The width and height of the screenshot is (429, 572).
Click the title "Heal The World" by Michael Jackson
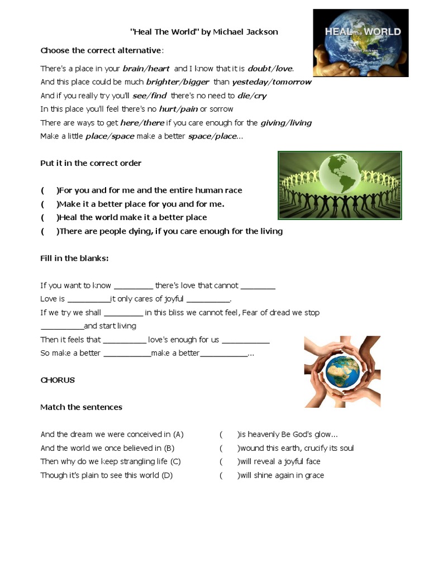[204, 32]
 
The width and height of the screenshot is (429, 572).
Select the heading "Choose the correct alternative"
[101, 51]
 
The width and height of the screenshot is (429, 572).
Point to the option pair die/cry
[252, 96]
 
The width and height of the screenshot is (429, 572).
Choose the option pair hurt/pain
[178, 109]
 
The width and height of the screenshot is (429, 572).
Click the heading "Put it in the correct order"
[90, 163]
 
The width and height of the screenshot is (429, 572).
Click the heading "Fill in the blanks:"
[74, 258]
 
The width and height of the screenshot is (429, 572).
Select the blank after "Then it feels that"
[124, 340]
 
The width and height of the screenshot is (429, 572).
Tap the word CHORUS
[58, 380]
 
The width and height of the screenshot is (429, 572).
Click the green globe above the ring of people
[343, 173]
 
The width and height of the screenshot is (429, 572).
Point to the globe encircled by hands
[342, 371]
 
